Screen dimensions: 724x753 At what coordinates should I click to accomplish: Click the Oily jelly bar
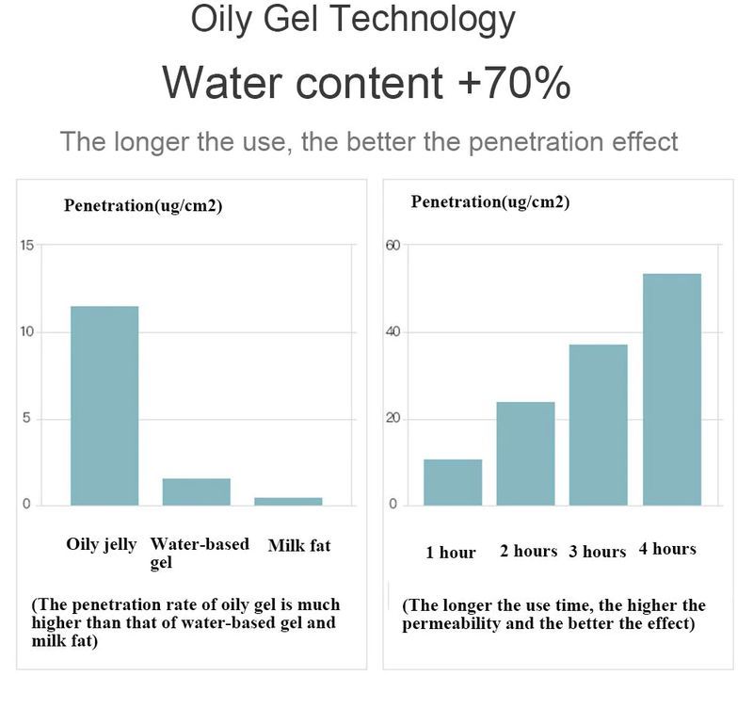click(x=104, y=405)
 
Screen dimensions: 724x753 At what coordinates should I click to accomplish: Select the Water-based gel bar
click(x=196, y=491)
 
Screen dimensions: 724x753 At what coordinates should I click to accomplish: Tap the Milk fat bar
click(x=288, y=501)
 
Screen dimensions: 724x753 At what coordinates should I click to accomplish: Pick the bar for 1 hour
click(x=453, y=482)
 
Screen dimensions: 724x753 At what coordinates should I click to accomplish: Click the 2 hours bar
click(x=525, y=453)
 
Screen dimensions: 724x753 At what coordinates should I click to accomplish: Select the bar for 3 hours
click(x=598, y=425)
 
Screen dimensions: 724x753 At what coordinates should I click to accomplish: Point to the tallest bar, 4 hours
click(x=672, y=389)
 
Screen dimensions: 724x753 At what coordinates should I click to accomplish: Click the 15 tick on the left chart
click(x=26, y=246)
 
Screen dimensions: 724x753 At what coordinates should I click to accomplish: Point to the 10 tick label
click(x=26, y=332)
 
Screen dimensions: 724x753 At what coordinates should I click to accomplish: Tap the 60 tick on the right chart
click(x=393, y=246)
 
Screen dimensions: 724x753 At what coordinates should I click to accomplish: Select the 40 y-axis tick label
click(x=393, y=332)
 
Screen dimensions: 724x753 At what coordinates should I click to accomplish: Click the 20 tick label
click(x=393, y=419)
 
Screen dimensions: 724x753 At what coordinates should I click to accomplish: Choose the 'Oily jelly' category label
click(x=102, y=544)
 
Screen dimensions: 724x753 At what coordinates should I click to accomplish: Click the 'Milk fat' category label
click(x=299, y=545)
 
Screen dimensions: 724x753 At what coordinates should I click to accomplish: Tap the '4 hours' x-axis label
click(x=667, y=549)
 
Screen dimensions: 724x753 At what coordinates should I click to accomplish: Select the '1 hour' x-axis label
click(x=451, y=553)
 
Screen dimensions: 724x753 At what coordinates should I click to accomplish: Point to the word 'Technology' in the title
click(x=428, y=19)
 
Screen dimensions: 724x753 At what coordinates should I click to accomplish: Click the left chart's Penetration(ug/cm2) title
click(x=143, y=206)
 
